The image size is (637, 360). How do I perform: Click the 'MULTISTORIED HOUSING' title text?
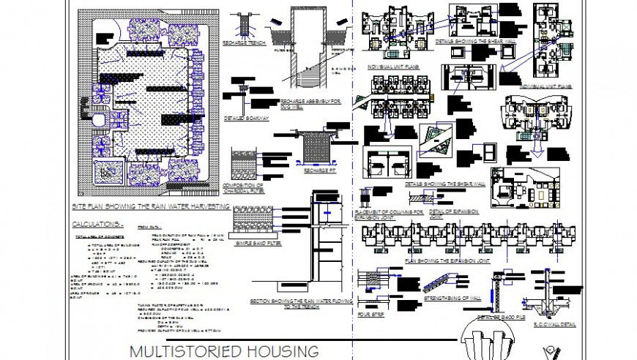224,350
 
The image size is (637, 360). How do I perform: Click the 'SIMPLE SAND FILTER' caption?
258,242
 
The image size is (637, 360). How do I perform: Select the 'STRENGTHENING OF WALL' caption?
452,299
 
